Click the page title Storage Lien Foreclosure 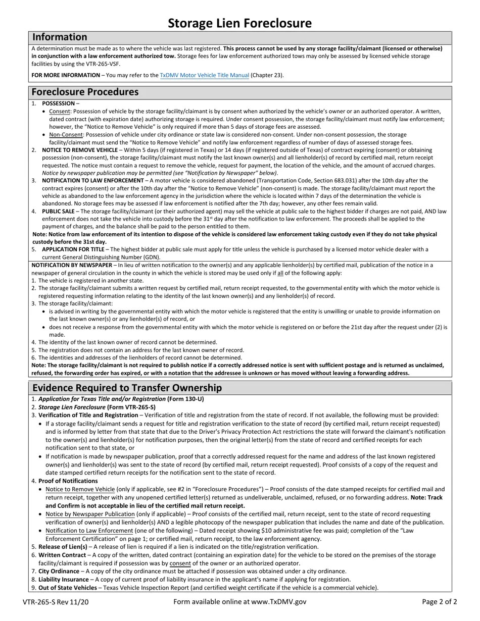click(x=239, y=23)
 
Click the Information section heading click(x=60, y=37)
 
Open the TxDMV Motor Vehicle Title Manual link click(x=204, y=75)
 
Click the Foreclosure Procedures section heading click(x=85, y=92)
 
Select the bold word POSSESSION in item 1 click(x=58, y=103)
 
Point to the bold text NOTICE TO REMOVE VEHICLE click(x=79, y=150)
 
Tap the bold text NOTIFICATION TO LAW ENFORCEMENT click(x=92, y=180)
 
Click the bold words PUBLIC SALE click(x=58, y=211)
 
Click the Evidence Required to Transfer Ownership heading click(x=127, y=388)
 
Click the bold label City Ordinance click(x=59, y=571)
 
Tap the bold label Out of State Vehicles click(x=67, y=588)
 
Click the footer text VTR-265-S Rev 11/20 click(x=56, y=602)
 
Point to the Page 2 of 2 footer click(x=439, y=602)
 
